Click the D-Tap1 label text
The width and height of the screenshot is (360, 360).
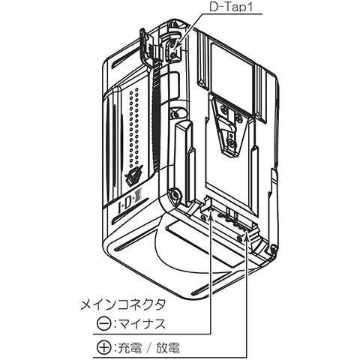tap(231, 7)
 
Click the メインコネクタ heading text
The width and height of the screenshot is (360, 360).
tap(123, 304)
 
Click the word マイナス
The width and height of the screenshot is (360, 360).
tap(142, 324)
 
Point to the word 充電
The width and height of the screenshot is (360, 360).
tap(130, 348)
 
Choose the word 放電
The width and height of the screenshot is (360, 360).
tap(168, 348)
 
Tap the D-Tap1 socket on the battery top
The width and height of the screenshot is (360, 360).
tap(174, 48)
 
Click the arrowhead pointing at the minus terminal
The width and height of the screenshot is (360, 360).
tap(211, 215)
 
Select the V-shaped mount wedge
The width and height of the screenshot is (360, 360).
tap(230, 125)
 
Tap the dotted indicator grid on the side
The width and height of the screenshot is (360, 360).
tap(133, 127)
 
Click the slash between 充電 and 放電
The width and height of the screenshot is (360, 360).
tap(148, 348)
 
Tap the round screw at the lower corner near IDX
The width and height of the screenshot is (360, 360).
tap(175, 194)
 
